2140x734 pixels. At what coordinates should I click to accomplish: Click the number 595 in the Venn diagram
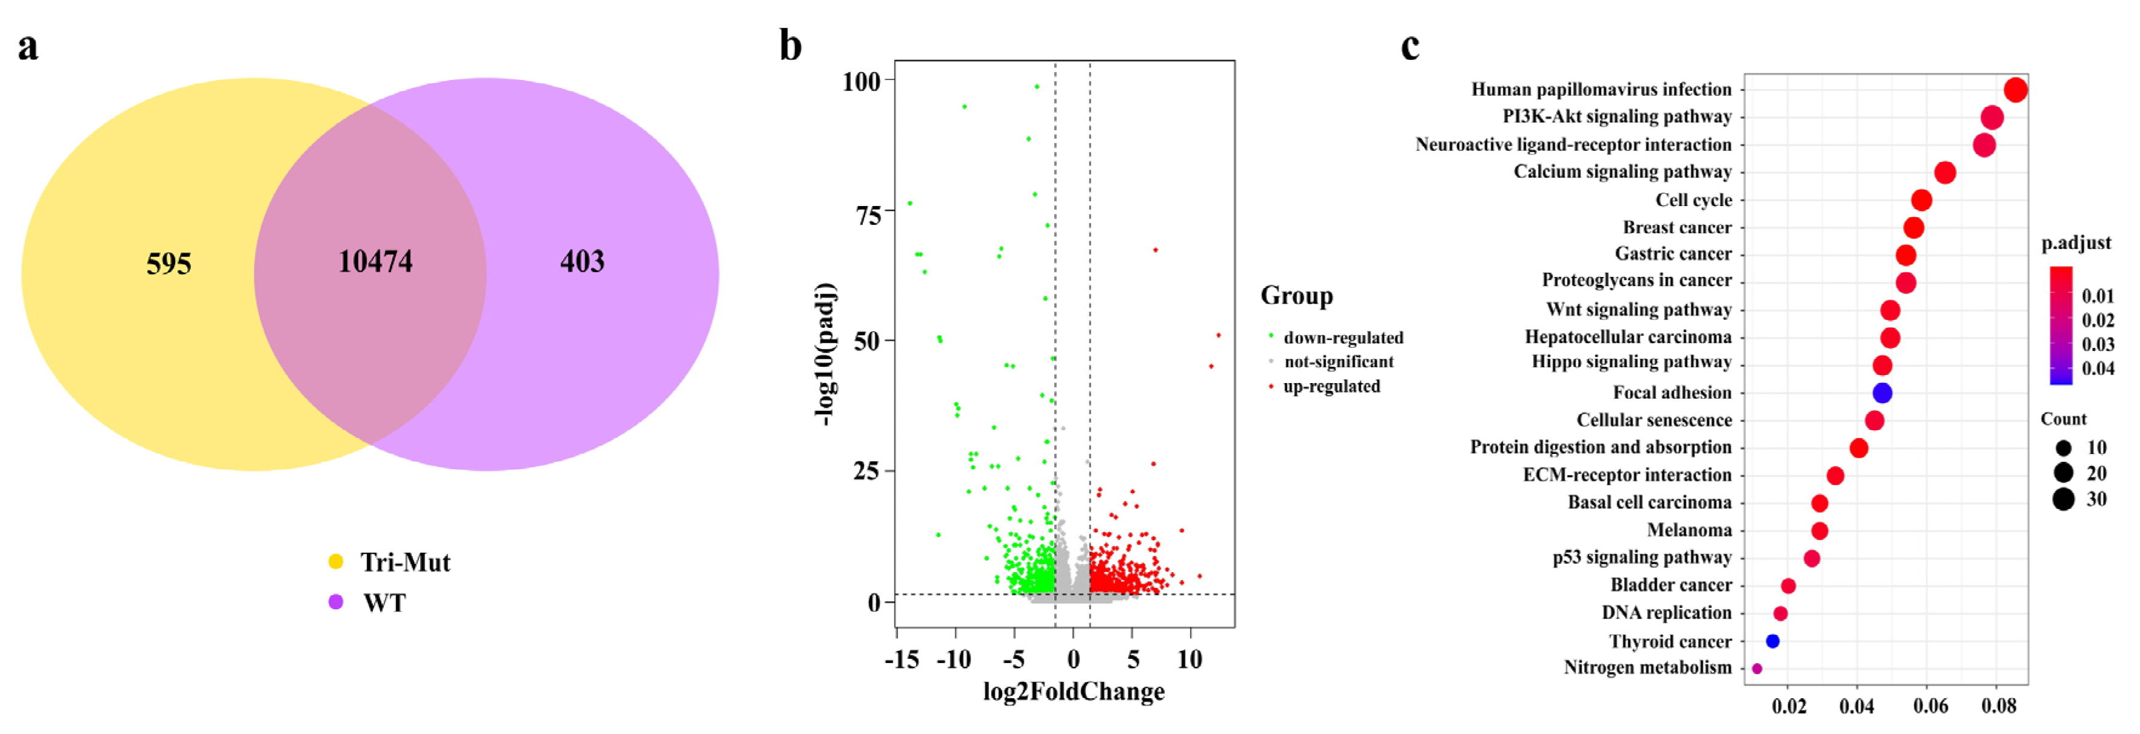pyautogui.click(x=169, y=264)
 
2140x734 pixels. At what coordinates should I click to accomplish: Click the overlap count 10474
pyautogui.click(x=375, y=262)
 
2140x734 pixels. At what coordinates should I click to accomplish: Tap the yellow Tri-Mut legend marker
pyautogui.click(x=336, y=562)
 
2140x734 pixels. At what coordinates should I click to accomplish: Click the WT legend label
pyautogui.click(x=384, y=603)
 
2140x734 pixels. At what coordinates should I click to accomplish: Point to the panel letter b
pyautogui.click(x=790, y=45)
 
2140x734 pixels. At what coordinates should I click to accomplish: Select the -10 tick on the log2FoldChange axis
pyautogui.click(x=954, y=659)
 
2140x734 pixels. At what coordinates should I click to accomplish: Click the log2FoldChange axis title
pyautogui.click(x=1073, y=692)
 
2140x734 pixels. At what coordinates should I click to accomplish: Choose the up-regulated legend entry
pyautogui.click(x=1331, y=386)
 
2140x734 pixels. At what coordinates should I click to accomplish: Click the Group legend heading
pyautogui.click(x=1296, y=296)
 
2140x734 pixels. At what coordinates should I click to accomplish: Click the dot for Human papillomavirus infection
pyautogui.click(x=2015, y=90)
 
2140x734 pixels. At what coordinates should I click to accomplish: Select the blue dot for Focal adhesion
pyautogui.click(x=1882, y=393)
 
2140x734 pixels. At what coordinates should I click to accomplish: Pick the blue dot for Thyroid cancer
pyautogui.click(x=1772, y=641)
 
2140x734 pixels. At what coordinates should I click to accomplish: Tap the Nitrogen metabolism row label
pyautogui.click(x=1647, y=667)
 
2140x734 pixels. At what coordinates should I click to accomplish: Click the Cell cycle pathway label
pyautogui.click(x=1693, y=200)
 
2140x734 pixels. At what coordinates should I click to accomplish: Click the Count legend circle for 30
pyautogui.click(x=2063, y=499)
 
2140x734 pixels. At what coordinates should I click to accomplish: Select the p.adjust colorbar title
pyautogui.click(x=2075, y=243)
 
